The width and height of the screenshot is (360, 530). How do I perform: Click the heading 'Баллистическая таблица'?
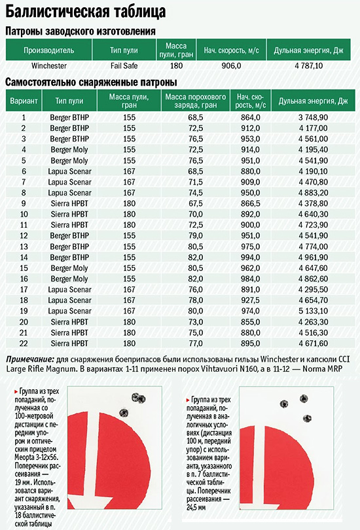point(86,12)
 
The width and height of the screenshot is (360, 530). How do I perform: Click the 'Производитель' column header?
point(48,50)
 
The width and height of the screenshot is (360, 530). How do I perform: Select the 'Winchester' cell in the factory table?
point(49,65)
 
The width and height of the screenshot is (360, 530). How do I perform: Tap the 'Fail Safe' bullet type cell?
point(124,65)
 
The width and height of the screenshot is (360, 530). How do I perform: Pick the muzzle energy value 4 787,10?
point(309,65)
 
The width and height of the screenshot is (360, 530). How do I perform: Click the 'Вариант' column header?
point(24,101)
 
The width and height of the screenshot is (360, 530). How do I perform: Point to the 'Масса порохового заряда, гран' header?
point(195,101)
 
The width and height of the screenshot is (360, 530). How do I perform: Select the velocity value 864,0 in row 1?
point(251,117)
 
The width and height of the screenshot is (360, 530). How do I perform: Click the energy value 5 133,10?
point(313,311)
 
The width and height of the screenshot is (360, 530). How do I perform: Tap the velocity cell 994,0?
point(251,257)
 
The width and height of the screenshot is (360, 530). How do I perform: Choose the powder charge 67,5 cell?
point(195,203)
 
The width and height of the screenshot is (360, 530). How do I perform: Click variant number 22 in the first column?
point(24,344)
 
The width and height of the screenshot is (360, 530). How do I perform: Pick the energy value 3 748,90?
point(313,117)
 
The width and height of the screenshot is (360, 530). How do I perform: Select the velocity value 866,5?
point(251,203)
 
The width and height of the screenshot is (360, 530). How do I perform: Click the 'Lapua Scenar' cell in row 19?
point(69,311)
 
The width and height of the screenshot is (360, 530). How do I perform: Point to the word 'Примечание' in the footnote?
point(30,359)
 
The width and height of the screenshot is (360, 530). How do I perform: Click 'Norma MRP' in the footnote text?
point(322,368)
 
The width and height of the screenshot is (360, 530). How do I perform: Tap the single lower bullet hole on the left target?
point(124,412)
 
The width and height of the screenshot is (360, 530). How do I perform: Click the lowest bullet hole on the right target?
point(307,419)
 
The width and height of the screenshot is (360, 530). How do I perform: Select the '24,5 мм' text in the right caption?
point(196,507)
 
